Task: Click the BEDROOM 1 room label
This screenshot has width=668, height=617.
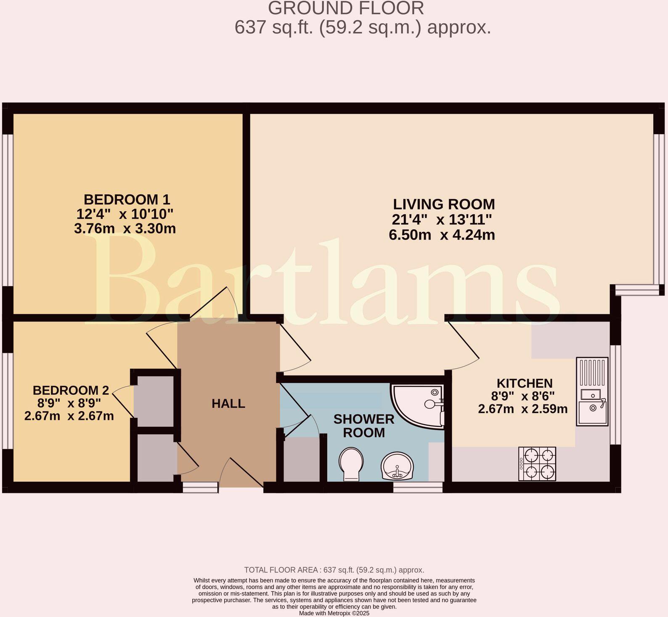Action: click(x=127, y=199)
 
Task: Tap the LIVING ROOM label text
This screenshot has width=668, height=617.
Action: click(x=444, y=204)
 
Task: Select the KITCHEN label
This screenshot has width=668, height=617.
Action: click(x=525, y=383)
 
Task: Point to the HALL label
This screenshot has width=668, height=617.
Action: click(x=228, y=404)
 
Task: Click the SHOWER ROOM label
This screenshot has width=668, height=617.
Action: click(x=364, y=426)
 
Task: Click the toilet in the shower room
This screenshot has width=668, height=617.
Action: click(x=350, y=464)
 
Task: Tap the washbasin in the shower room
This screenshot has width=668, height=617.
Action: click(x=397, y=466)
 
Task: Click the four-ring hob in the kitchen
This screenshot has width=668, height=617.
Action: click(x=537, y=463)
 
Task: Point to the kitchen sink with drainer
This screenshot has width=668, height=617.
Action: click(x=592, y=391)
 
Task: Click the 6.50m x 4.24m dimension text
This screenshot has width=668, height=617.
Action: click(x=442, y=235)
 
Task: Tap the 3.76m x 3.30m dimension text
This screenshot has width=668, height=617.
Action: click(x=125, y=229)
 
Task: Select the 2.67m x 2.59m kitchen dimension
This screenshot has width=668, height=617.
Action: click(x=523, y=408)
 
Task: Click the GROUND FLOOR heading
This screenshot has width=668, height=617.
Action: click(x=346, y=8)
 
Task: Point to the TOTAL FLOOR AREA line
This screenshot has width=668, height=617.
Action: click(x=334, y=570)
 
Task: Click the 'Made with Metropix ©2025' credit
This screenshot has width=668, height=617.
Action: click(x=334, y=613)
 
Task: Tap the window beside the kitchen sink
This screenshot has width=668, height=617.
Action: click(x=615, y=395)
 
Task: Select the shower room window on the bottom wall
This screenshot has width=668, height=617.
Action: click(x=418, y=487)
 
